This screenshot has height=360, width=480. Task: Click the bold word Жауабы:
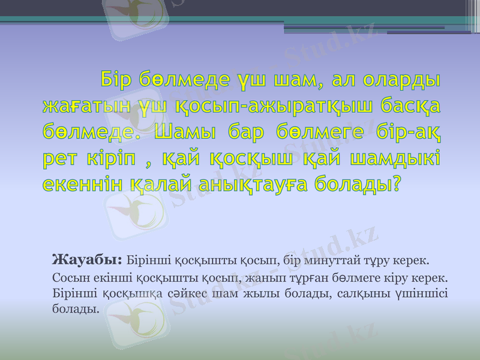point(87,260)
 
